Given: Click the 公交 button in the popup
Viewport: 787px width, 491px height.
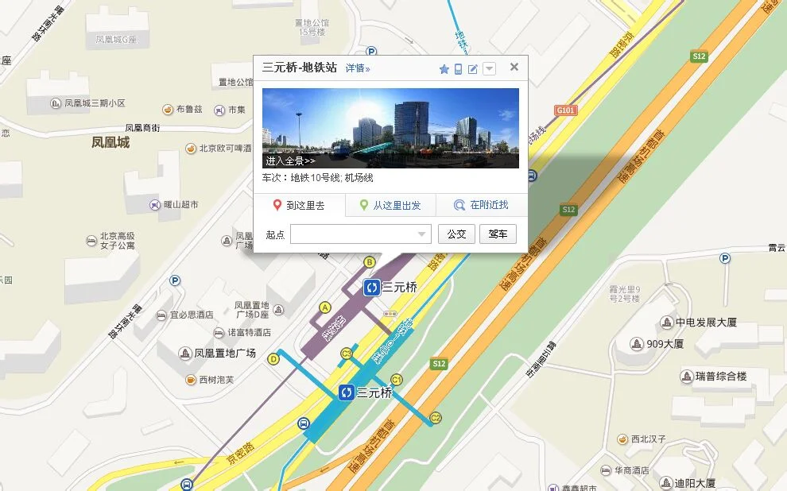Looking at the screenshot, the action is click(x=456, y=234).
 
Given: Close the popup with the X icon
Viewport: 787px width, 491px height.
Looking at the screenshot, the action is click(x=514, y=67).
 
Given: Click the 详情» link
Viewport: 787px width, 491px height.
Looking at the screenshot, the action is click(x=358, y=68).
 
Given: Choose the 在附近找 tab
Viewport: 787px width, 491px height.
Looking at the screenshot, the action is click(x=482, y=206).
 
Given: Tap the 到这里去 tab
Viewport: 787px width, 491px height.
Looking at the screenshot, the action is click(x=300, y=206).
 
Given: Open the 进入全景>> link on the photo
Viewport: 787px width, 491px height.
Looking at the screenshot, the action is click(x=290, y=160).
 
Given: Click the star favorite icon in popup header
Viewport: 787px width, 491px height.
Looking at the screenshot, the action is click(x=444, y=69).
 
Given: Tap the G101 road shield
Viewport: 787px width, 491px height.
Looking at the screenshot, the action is click(x=566, y=110).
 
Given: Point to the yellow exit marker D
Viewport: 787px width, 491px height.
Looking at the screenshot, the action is click(x=273, y=359).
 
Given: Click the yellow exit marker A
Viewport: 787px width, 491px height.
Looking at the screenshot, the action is click(x=324, y=307).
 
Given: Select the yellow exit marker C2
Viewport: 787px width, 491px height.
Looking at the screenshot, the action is click(x=436, y=418).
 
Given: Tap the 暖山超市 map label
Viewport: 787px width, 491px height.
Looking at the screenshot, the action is click(x=180, y=204).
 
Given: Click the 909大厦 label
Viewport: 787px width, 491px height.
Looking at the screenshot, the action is click(x=664, y=344).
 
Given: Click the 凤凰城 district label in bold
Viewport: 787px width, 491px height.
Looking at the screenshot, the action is click(x=110, y=143).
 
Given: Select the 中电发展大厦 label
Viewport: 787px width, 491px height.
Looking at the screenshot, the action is click(x=706, y=323).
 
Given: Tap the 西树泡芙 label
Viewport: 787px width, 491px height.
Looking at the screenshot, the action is click(x=216, y=380).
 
